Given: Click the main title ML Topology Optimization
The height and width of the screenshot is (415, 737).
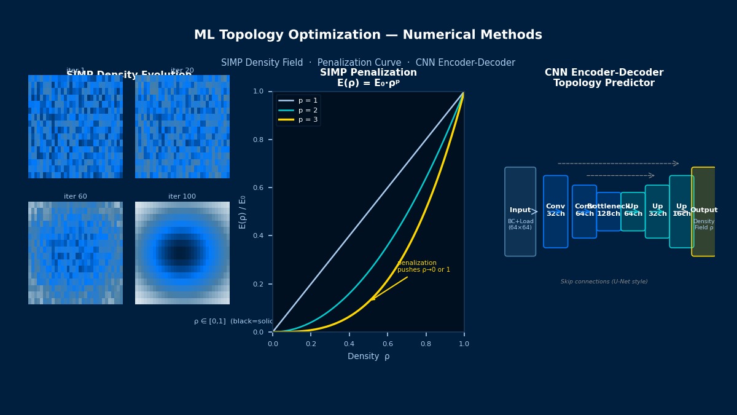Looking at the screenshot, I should (368, 35).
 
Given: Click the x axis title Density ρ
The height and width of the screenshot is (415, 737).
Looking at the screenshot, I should (368, 357).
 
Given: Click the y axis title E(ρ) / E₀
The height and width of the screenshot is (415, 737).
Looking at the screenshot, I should (243, 211).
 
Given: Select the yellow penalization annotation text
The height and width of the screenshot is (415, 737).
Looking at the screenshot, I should (423, 266).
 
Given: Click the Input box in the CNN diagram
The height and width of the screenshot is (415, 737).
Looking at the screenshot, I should (520, 211).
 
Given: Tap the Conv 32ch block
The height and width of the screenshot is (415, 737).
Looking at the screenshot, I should (555, 211).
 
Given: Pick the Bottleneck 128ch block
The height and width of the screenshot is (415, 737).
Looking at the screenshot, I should (608, 211).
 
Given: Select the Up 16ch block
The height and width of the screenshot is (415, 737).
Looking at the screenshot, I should (681, 211).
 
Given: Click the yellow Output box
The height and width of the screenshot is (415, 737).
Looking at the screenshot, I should (703, 211).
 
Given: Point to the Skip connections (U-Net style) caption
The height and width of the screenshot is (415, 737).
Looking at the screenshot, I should (604, 282).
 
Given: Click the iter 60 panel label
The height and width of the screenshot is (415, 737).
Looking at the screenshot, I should (76, 197).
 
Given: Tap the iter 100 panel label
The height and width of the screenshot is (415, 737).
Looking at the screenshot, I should (182, 197).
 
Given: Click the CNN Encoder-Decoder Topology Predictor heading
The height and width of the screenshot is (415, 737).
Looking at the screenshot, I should (604, 78).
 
